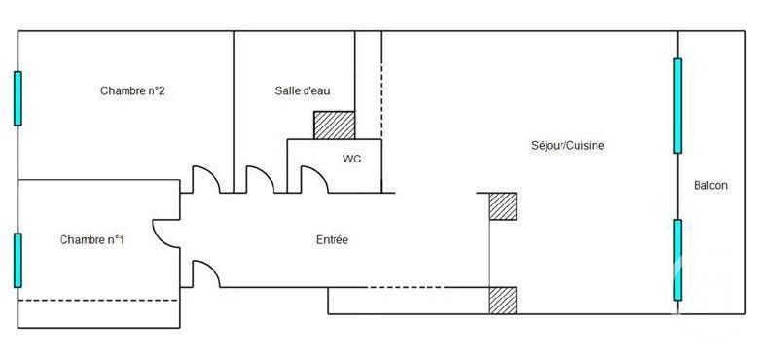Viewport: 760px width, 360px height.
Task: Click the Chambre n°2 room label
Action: click(x=131, y=91)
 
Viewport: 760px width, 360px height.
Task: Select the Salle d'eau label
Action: click(x=303, y=91)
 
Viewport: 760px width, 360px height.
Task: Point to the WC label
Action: click(x=351, y=158)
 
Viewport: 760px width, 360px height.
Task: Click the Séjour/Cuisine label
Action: click(x=568, y=146)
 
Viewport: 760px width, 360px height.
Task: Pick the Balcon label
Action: click(x=710, y=186)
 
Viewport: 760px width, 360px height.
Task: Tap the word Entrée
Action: click(x=332, y=239)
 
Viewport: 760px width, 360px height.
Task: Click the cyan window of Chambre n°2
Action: click(x=18, y=98)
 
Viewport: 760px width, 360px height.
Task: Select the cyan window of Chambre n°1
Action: click(x=18, y=260)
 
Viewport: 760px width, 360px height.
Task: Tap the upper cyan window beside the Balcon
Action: click(x=677, y=105)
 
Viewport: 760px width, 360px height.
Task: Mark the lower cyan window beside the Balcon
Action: click(x=677, y=260)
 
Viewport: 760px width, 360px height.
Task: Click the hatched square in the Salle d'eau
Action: click(x=334, y=126)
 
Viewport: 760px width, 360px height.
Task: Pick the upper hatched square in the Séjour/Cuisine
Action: click(x=502, y=206)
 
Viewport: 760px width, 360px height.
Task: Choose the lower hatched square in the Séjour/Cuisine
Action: click(x=502, y=300)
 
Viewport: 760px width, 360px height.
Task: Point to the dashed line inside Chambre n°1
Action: click(x=97, y=300)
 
